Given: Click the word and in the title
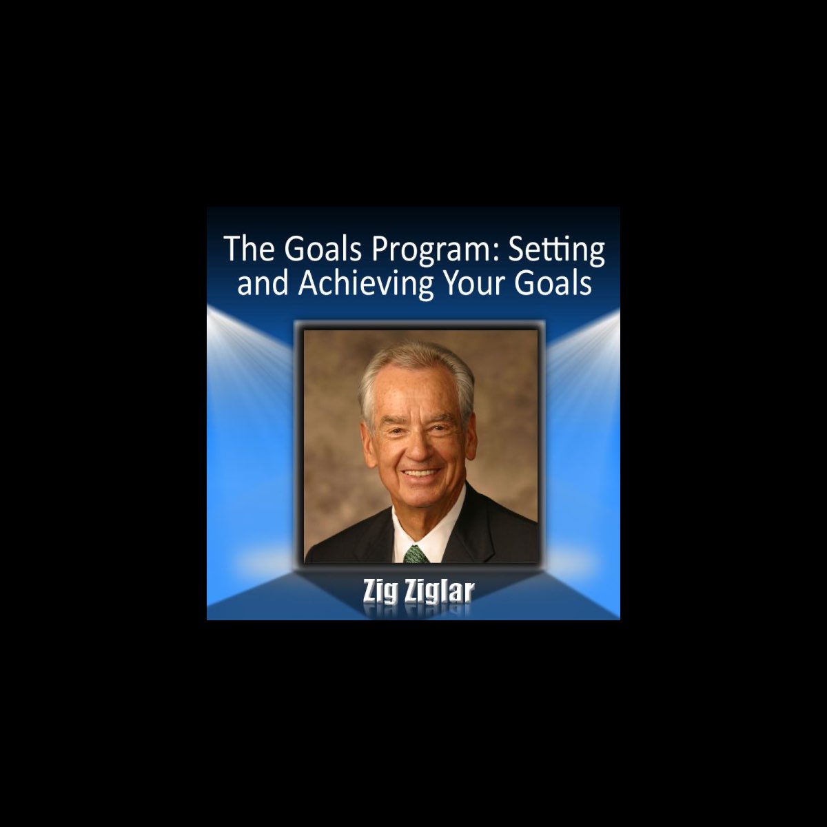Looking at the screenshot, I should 263,283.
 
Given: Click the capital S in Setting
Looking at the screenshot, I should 518,249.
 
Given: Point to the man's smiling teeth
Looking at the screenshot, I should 420,474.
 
